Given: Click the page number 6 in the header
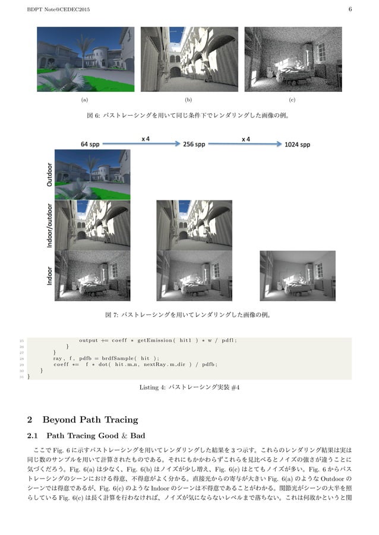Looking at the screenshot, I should click(350, 8).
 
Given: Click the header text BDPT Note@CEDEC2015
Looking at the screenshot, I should click(55, 8).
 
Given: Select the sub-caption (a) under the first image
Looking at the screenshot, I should click(84, 100).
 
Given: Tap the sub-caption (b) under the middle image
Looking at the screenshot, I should click(189, 100).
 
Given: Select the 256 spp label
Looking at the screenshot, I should click(194, 144).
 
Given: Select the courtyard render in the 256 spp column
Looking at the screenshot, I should click(194, 225).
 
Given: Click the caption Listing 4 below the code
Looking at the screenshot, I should click(189, 388).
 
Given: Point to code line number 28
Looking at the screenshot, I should click(21, 358).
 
